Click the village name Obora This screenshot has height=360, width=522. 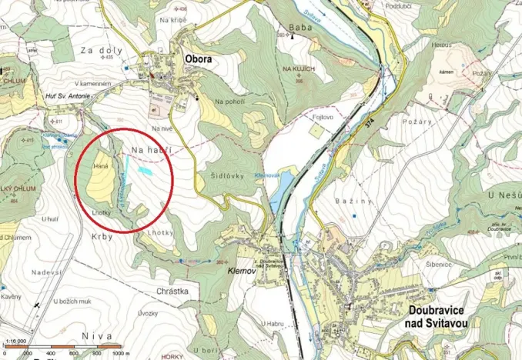(x=197, y=59)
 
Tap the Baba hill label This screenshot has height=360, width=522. (x=300, y=30)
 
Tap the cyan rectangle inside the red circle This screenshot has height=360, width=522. (x=145, y=166)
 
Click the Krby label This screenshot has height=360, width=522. (x=102, y=237)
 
